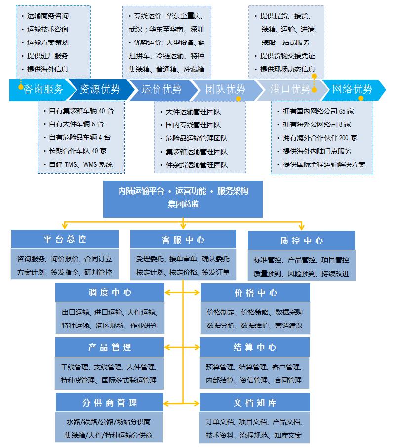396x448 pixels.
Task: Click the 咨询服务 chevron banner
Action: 43,89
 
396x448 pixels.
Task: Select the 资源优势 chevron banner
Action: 100,89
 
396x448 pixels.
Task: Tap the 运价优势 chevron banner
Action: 161,89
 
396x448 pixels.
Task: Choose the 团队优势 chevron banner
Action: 225,89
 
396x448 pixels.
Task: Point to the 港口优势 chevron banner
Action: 290,89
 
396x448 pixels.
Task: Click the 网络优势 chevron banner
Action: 352,89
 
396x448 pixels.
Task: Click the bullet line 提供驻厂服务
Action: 47,56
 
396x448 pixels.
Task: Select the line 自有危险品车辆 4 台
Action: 79,137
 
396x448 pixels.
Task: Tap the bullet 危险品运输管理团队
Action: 197,138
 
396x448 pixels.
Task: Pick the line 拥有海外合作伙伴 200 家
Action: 320,138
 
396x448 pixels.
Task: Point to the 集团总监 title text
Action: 183,204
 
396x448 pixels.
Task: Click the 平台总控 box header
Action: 65,239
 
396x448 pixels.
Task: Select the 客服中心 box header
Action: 183,240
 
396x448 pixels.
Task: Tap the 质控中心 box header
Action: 301,241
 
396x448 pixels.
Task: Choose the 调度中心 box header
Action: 110,292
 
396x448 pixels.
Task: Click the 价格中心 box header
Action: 255,292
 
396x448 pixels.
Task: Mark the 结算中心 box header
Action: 255,347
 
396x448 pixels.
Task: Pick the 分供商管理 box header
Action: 110,403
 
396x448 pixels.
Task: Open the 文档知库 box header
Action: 255,403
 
